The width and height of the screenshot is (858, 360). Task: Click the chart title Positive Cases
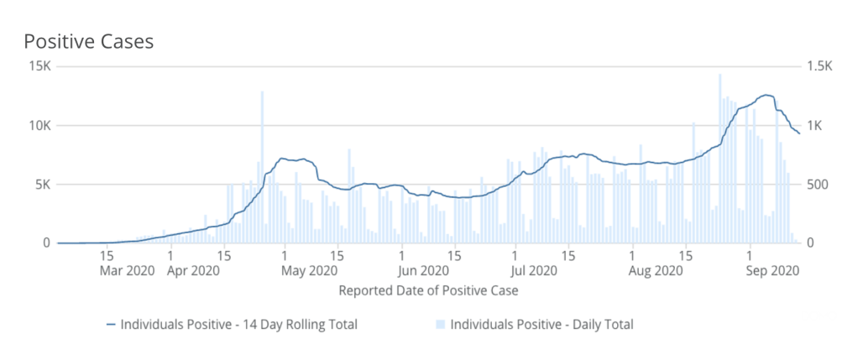click(88, 41)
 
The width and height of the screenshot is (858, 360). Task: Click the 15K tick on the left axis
click(39, 67)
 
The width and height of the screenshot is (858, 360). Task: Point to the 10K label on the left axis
click(39, 126)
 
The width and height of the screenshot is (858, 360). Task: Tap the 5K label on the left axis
click(43, 185)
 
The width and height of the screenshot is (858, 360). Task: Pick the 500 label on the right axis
click(817, 185)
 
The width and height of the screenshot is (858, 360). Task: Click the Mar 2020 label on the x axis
click(122, 270)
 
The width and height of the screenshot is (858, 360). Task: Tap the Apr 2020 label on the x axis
click(194, 270)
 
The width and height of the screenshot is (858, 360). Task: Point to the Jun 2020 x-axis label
click(422, 270)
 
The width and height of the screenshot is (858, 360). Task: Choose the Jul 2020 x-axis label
click(533, 270)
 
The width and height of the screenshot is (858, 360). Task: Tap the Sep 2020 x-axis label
click(771, 270)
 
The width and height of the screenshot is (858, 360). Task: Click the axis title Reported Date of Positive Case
click(428, 291)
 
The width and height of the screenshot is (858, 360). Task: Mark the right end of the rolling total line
click(799, 133)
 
